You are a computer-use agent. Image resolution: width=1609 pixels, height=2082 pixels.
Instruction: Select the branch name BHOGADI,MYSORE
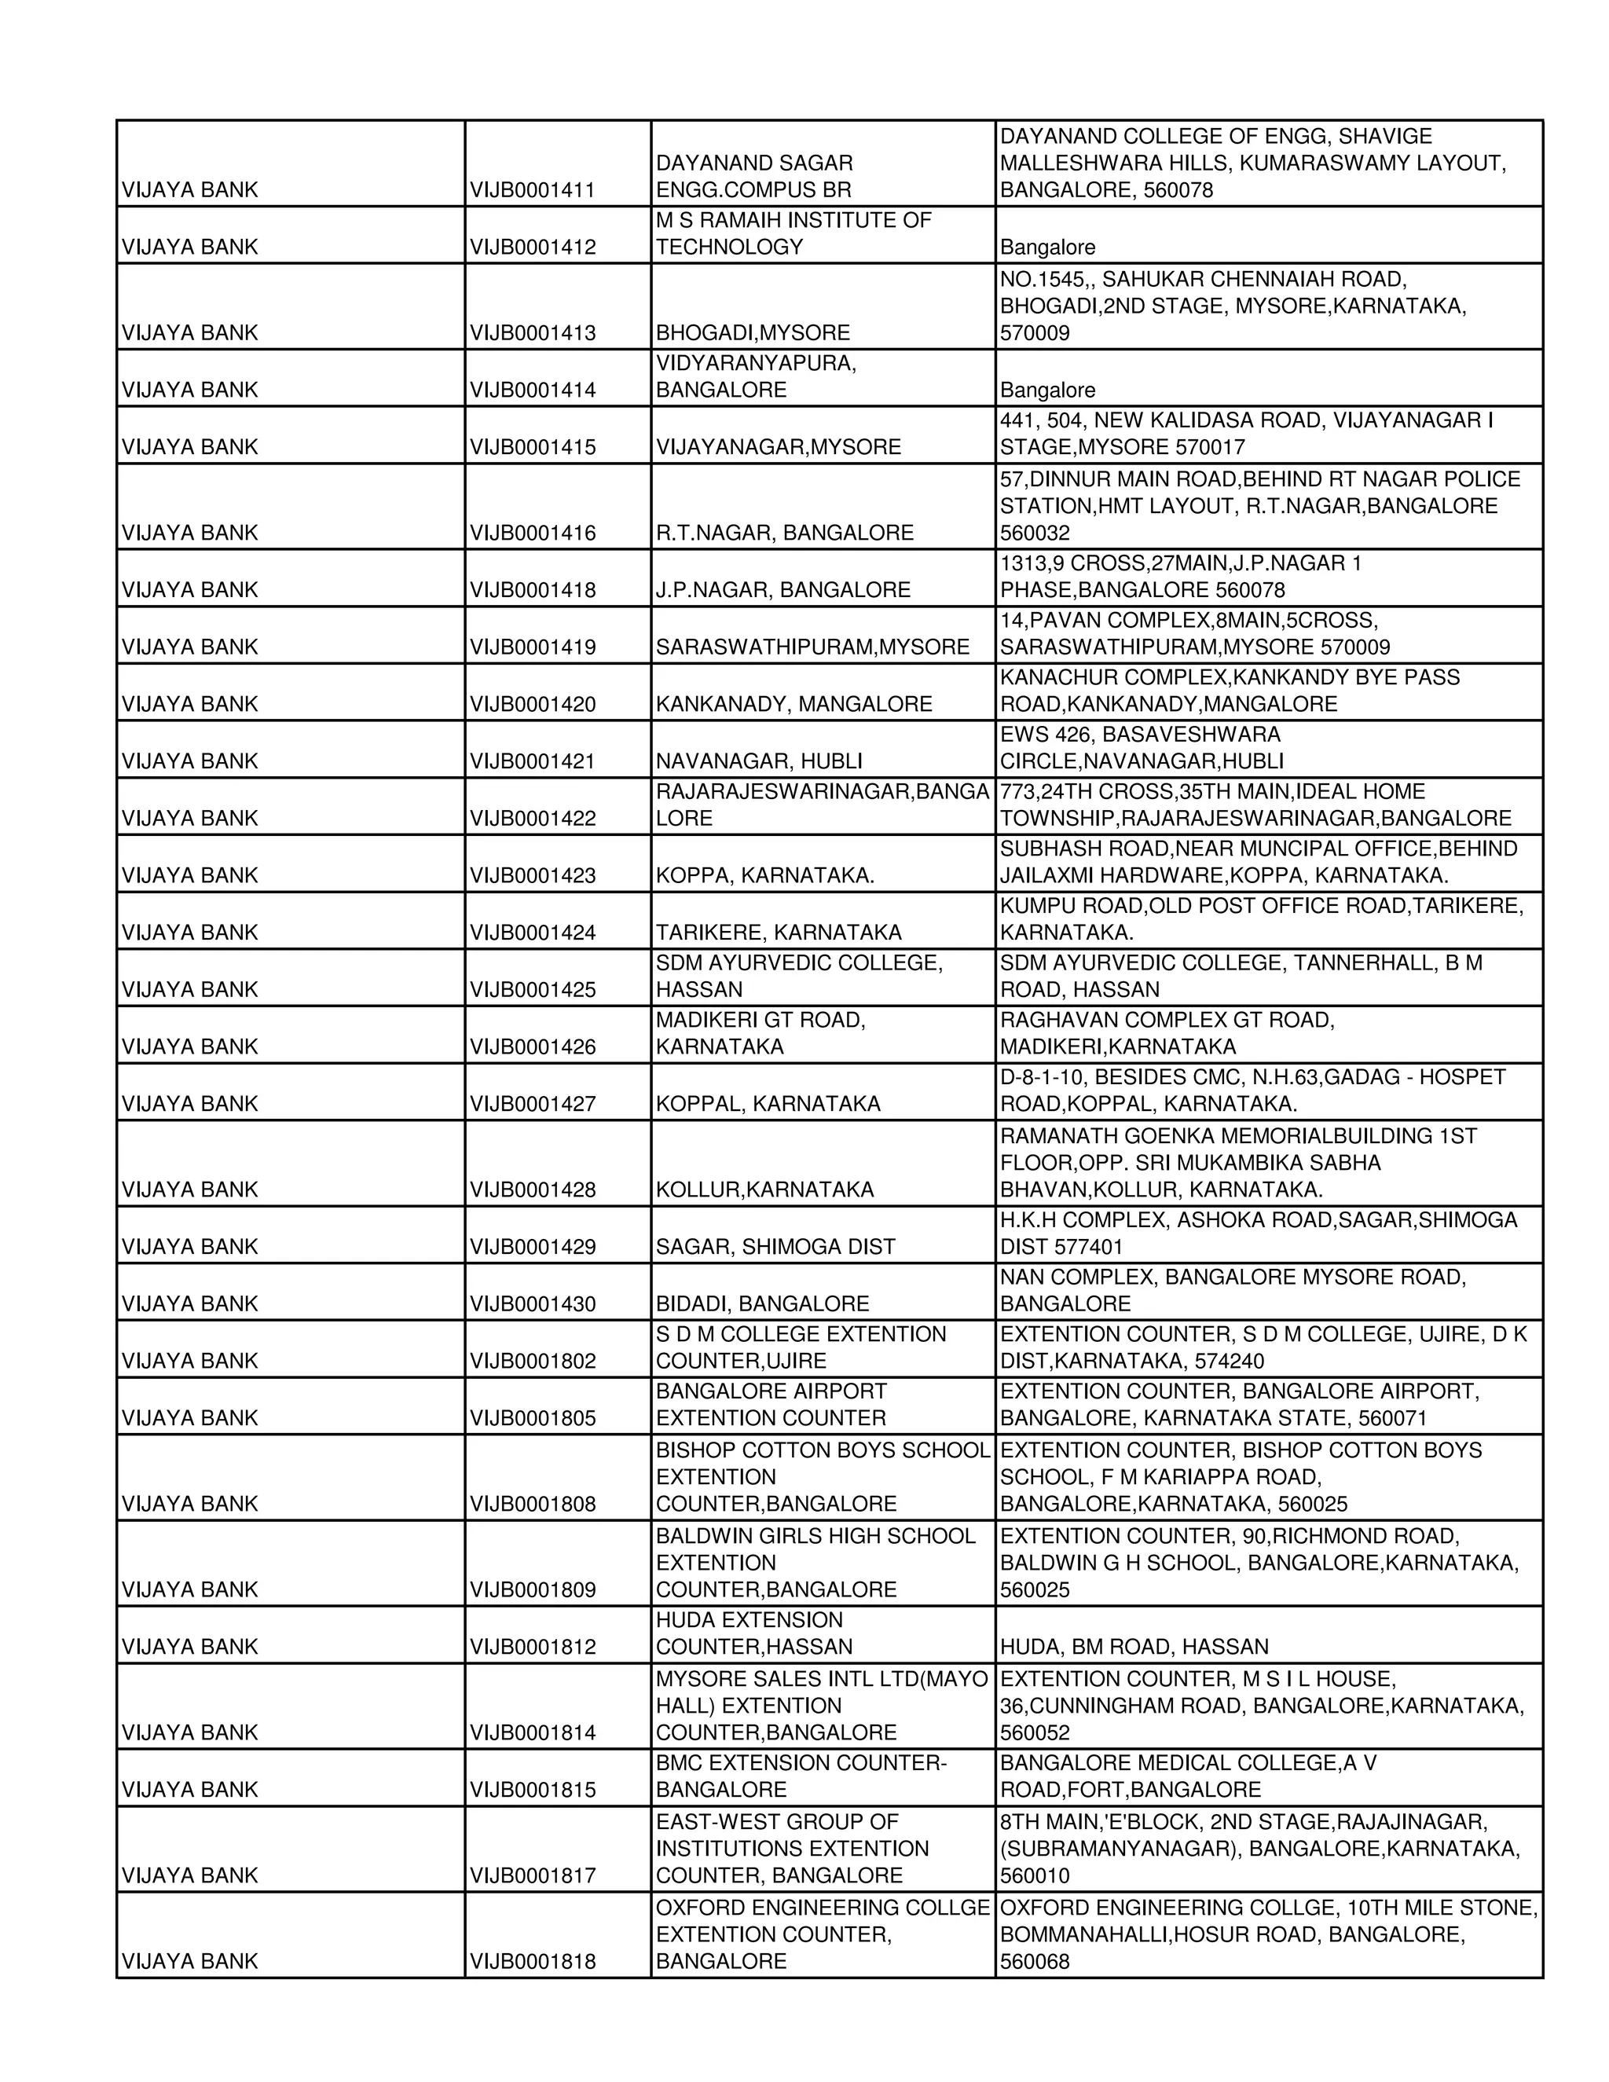click(752, 332)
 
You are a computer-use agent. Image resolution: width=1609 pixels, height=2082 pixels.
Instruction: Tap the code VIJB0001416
click(532, 533)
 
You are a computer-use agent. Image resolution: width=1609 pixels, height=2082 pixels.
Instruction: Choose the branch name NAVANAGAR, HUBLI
click(759, 761)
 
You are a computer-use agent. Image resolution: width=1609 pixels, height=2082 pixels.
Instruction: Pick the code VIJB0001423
click(532, 875)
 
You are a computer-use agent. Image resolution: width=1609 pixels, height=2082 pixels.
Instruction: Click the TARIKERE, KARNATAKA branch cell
click(778, 933)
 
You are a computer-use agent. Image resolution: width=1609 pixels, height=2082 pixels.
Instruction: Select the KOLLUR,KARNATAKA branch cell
click(764, 1189)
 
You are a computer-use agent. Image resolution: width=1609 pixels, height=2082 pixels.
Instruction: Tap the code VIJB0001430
click(532, 1304)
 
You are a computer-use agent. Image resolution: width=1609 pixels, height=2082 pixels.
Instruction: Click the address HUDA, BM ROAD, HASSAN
click(1134, 1646)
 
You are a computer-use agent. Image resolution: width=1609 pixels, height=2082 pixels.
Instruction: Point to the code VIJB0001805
click(532, 1418)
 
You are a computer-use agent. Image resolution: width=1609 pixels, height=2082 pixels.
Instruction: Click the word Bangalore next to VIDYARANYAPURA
click(1046, 390)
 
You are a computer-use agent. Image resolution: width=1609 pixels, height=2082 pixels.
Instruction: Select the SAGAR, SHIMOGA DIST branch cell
click(775, 1247)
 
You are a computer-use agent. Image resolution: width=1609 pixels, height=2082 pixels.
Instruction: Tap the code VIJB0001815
click(532, 1789)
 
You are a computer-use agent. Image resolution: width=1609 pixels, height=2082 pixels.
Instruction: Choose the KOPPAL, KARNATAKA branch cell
click(768, 1104)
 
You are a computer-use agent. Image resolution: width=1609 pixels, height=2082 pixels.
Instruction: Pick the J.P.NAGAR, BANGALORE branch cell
click(783, 590)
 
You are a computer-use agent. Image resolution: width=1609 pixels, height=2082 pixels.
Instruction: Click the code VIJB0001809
click(532, 1589)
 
